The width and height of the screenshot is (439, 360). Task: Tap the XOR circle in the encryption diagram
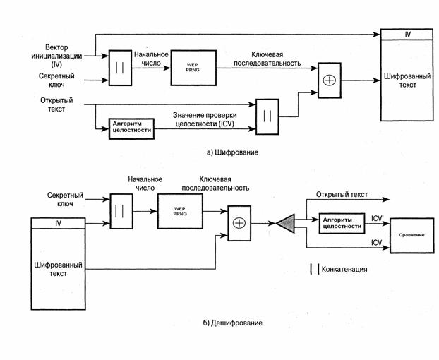(x=329, y=80)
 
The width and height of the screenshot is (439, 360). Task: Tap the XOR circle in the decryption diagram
(x=238, y=223)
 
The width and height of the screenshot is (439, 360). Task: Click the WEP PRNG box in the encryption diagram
(x=193, y=68)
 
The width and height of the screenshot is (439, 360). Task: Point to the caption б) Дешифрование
(x=232, y=323)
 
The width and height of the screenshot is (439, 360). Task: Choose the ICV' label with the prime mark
(x=377, y=219)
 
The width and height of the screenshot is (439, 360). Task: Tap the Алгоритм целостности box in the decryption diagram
(x=341, y=222)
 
